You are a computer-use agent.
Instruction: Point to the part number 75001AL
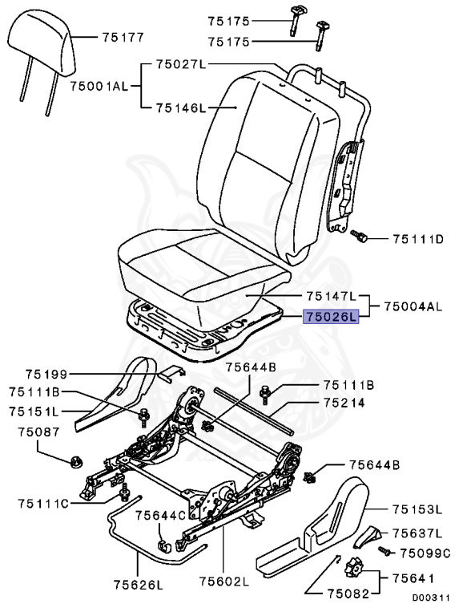pos(99,83)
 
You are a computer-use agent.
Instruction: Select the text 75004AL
pos(413,306)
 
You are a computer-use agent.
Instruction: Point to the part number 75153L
pos(417,509)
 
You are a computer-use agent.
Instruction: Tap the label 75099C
pos(425,552)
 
